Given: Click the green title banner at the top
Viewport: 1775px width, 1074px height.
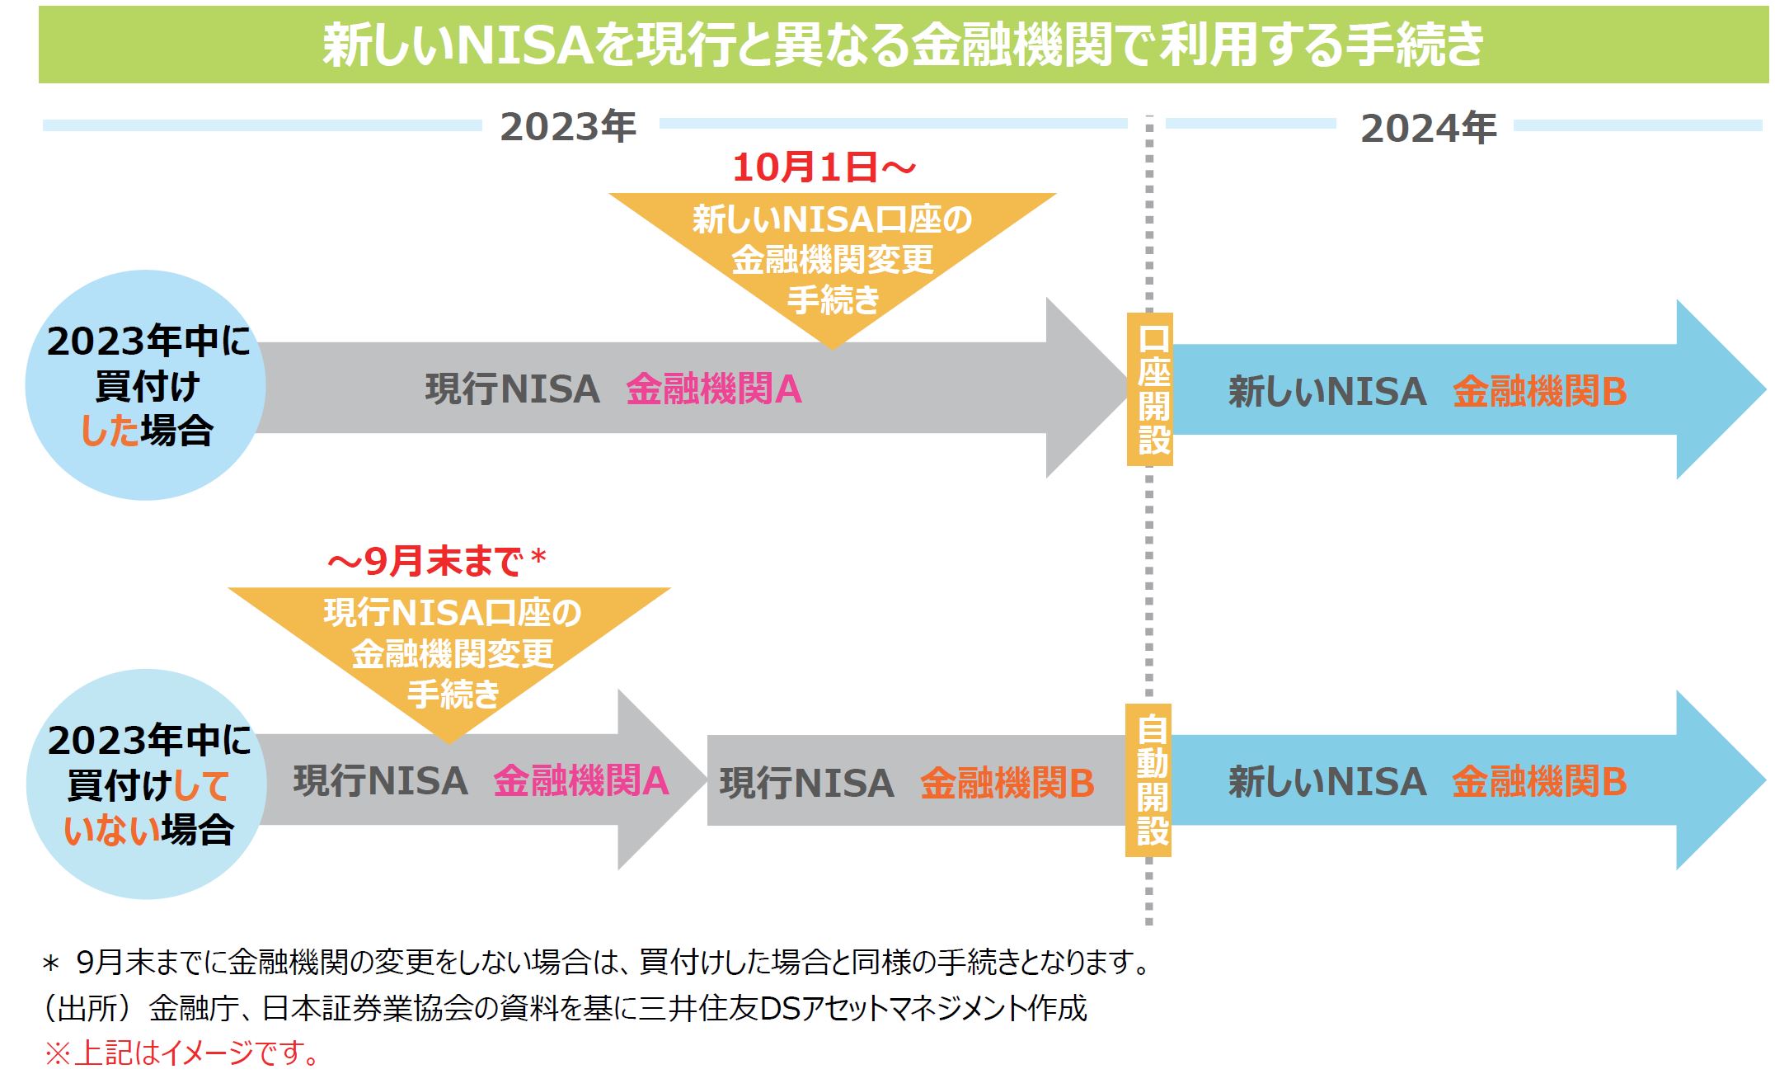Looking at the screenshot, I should pyautogui.click(x=903, y=45).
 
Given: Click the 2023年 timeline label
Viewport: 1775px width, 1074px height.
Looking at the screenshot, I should pyautogui.click(x=568, y=127).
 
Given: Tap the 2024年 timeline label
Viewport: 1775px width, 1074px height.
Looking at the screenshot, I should pyautogui.click(x=1428, y=129).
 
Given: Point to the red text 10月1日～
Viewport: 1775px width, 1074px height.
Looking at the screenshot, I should pyautogui.click(x=824, y=168).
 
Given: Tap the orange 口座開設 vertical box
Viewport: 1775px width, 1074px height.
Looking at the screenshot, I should pyautogui.click(x=1151, y=390).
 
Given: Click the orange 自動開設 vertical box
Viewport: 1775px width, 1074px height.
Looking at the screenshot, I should pyautogui.click(x=1149, y=780).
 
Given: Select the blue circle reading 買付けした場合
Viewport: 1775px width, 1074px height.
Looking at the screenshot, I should pyautogui.click(x=146, y=386).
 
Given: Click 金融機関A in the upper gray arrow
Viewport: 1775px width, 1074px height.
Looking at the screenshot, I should pyautogui.click(x=714, y=390).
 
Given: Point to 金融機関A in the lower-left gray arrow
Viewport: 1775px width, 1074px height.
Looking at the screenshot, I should pyautogui.click(x=580, y=781).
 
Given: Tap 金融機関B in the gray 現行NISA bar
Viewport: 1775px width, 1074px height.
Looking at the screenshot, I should pyautogui.click(x=1007, y=784).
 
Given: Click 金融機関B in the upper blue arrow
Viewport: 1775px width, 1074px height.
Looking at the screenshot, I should pyautogui.click(x=1539, y=392).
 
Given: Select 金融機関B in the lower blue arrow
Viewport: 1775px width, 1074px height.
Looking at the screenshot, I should pyautogui.click(x=1539, y=782).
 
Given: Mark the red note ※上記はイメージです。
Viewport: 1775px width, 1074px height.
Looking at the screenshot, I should pyautogui.click(x=181, y=1053).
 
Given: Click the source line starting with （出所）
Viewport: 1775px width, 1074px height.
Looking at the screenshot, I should pyautogui.click(x=566, y=1008).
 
